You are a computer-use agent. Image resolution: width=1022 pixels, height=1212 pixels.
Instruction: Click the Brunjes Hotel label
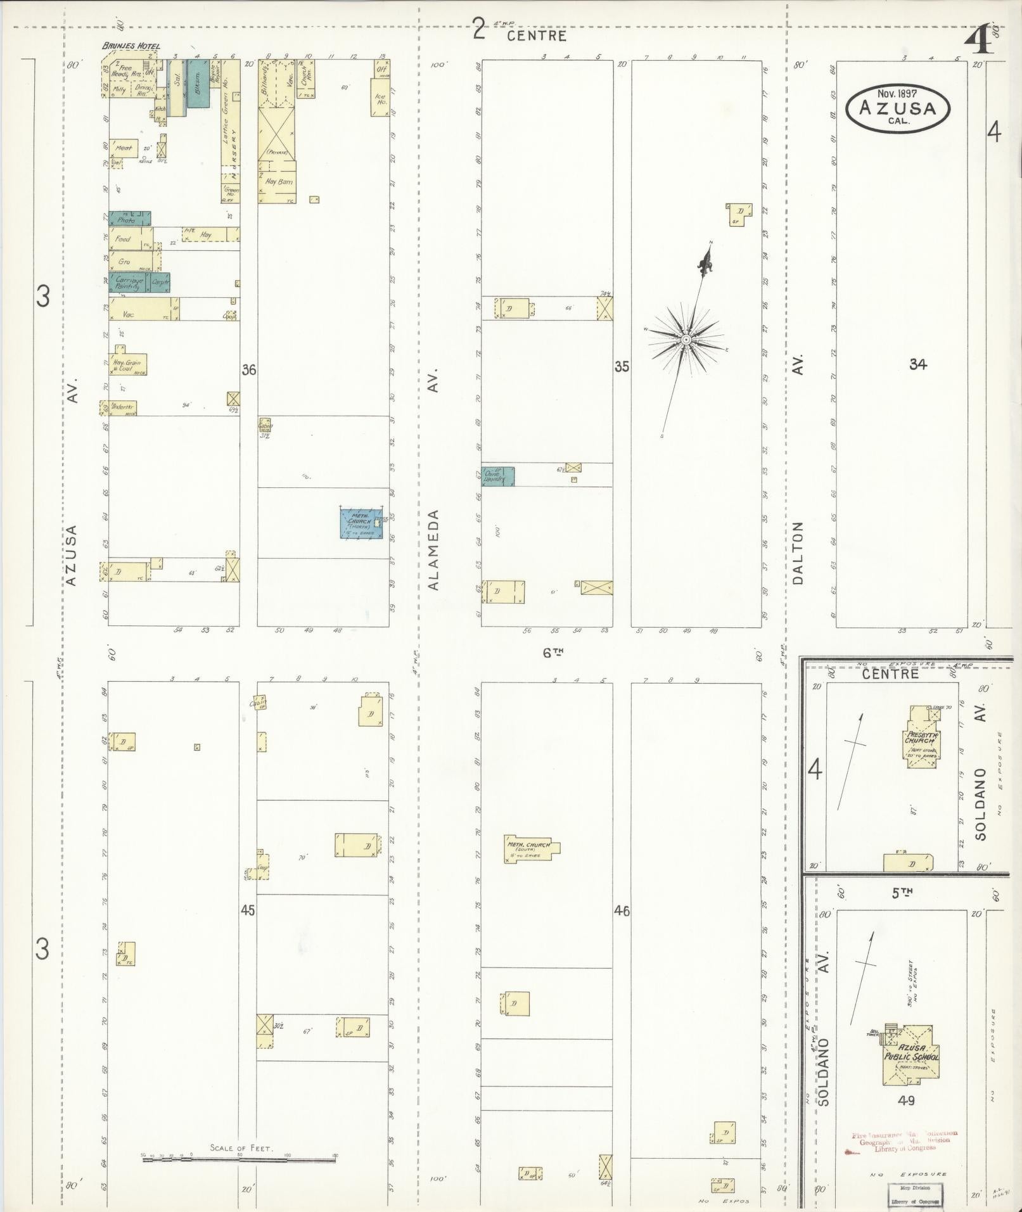point(131,46)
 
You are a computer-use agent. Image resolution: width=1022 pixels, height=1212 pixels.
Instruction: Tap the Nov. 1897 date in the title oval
point(897,93)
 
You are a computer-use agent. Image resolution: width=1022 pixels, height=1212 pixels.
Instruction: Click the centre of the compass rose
point(686,340)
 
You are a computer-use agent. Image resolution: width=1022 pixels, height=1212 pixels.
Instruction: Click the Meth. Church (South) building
point(531,849)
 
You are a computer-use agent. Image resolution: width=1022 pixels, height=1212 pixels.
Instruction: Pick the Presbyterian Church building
point(923,739)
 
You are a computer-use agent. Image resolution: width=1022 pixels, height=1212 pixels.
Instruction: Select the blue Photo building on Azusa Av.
point(129,219)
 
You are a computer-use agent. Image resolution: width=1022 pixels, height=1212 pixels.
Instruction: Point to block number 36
point(248,369)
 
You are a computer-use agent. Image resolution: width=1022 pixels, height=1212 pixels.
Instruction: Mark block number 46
point(622,911)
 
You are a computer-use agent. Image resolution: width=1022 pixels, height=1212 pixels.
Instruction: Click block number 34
point(917,364)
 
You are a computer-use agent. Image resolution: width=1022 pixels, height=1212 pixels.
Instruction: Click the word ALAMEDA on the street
point(434,550)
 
